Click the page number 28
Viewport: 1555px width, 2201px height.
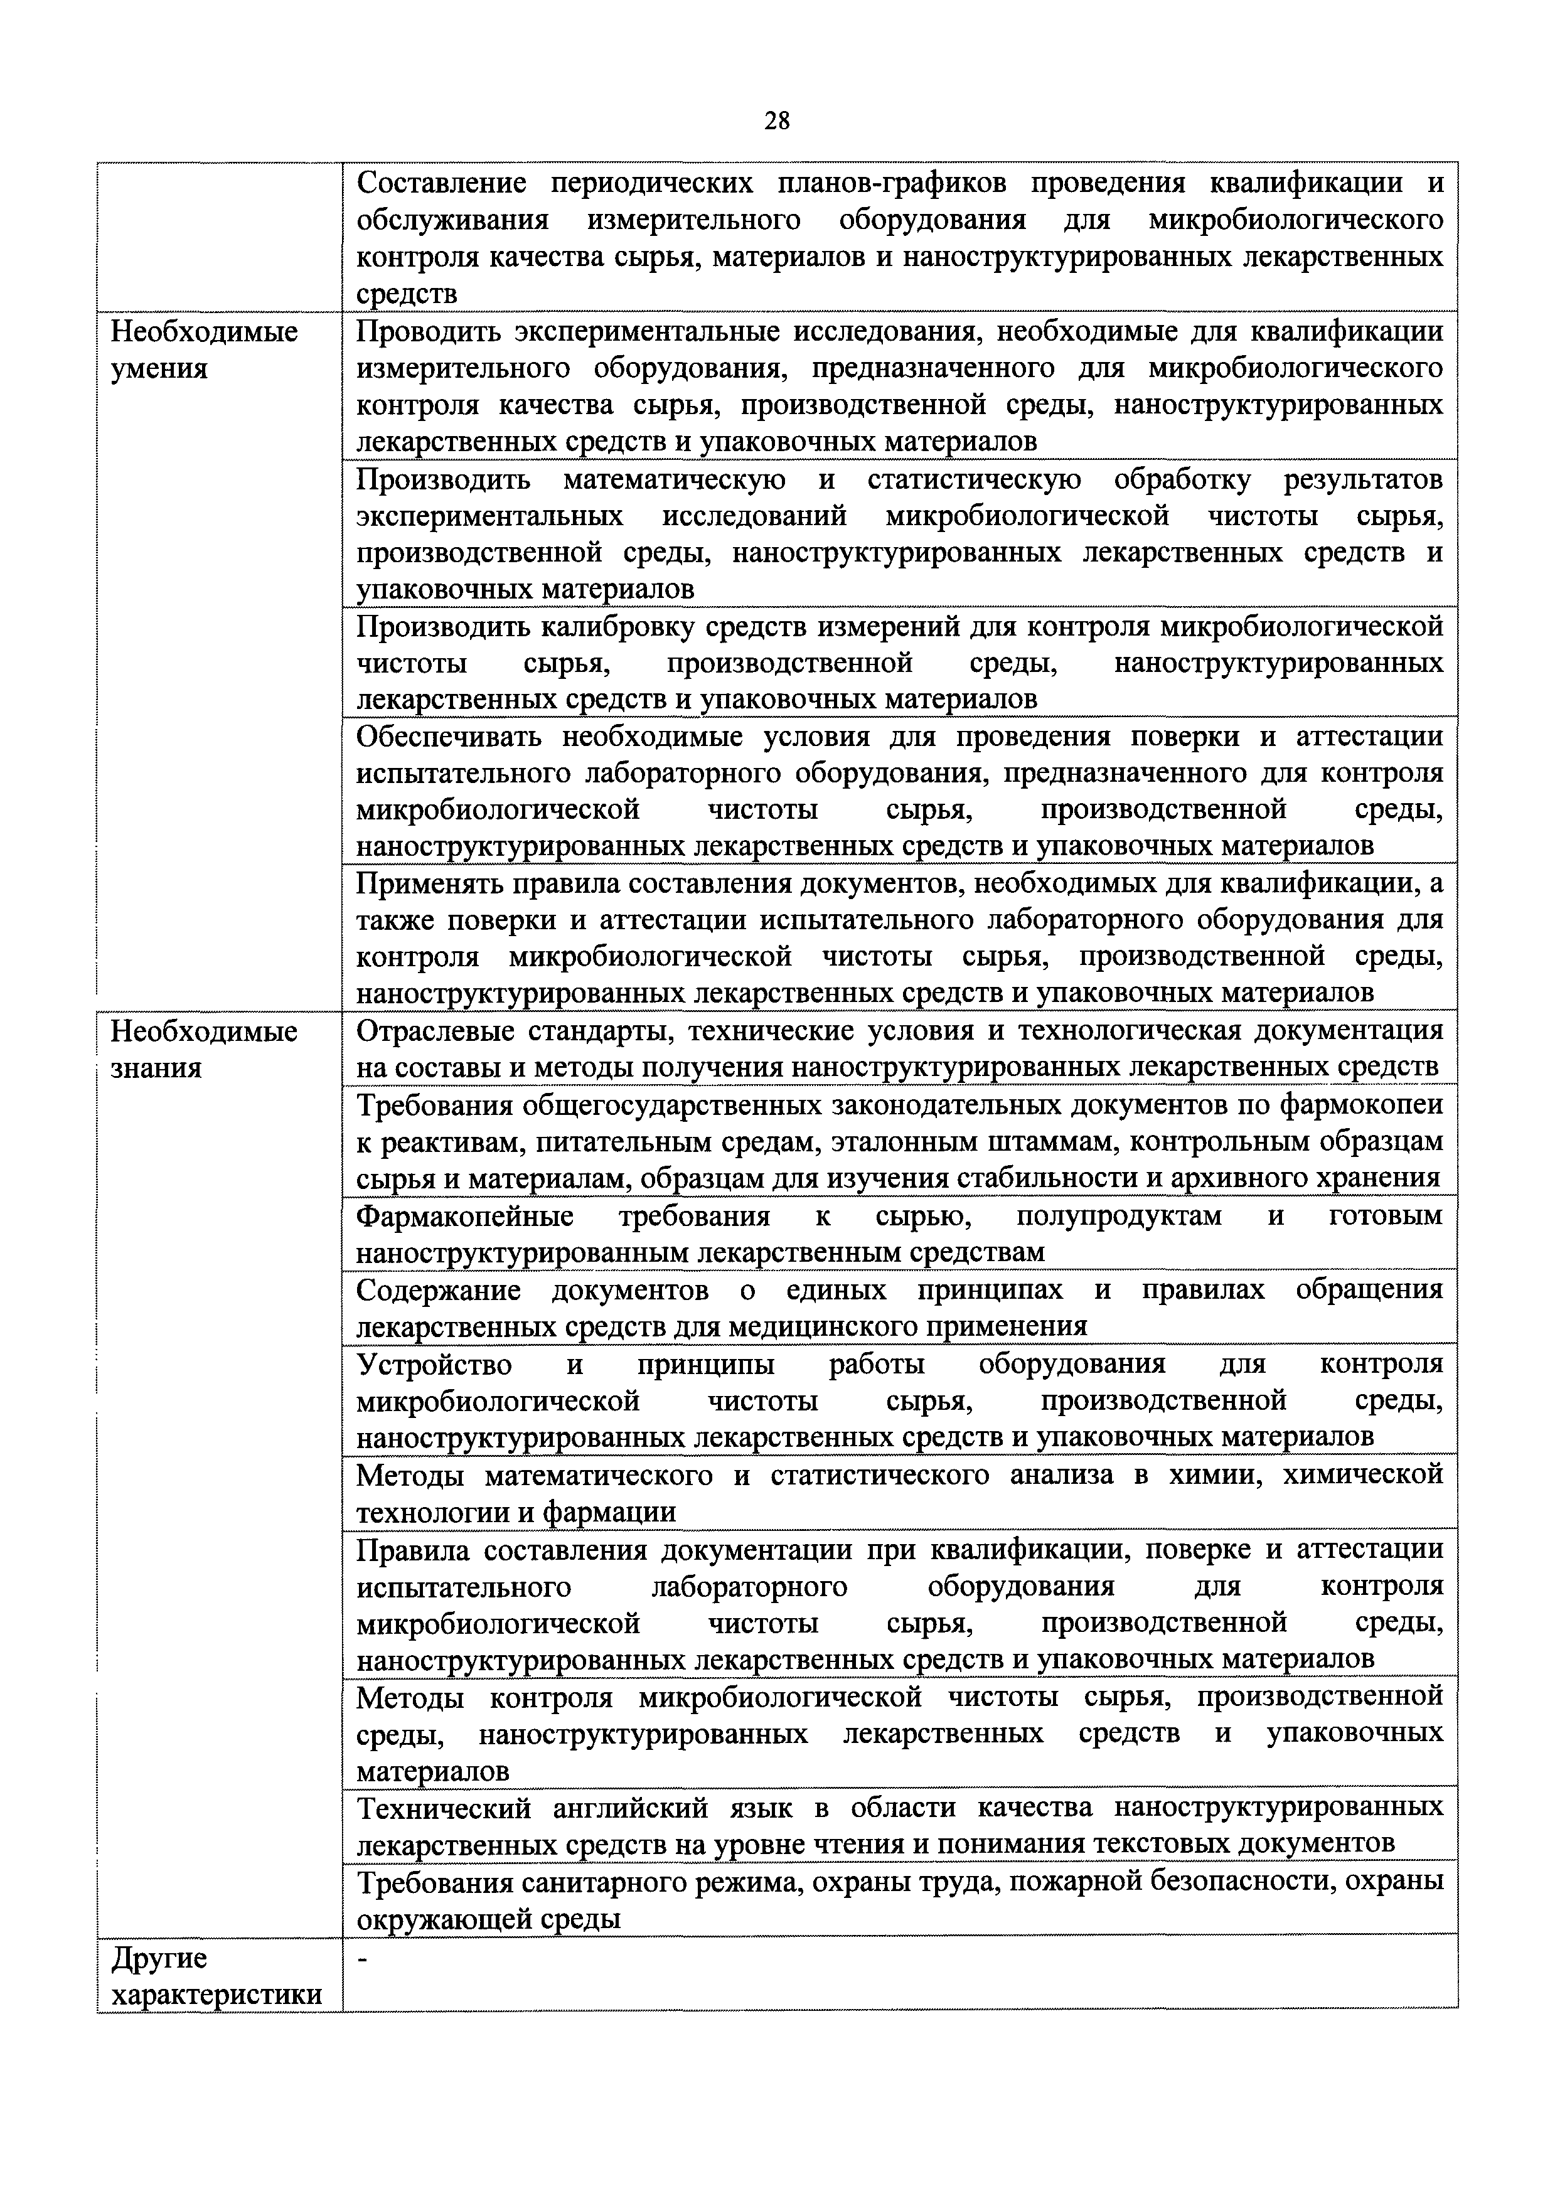777,121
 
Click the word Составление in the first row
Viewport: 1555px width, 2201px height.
442,183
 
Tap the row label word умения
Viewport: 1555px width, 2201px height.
159,369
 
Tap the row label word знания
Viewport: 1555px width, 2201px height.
156,1068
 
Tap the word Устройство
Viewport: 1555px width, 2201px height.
434,1363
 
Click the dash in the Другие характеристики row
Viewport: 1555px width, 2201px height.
362,1958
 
